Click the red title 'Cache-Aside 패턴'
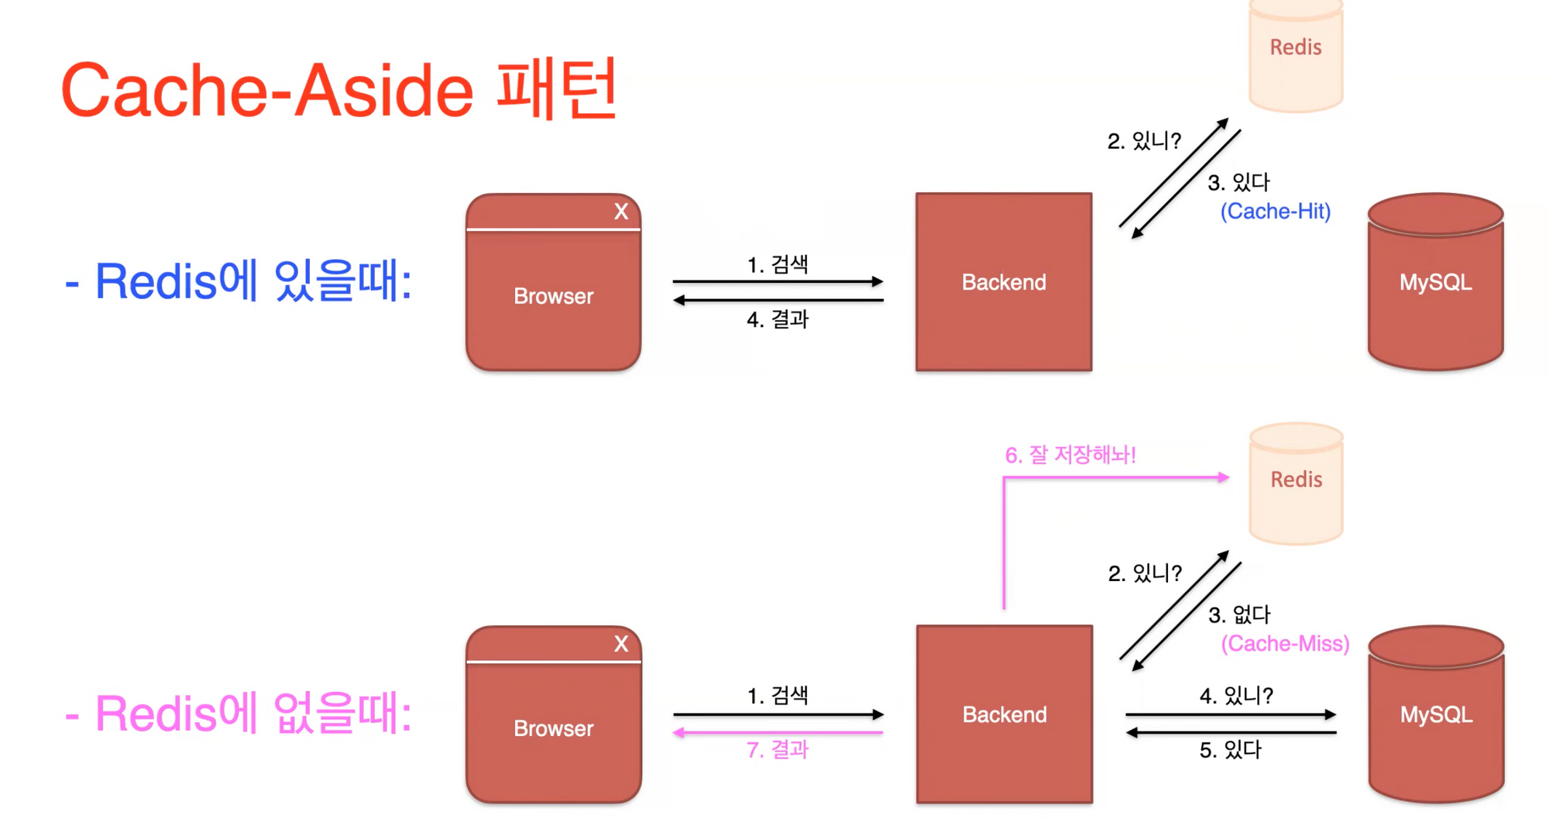click(338, 90)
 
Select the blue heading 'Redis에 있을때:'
click(238, 280)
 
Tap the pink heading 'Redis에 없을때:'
click(238, 713)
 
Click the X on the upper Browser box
click(621, 212)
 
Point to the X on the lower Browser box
click(621, 644)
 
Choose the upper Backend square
click(1004, 282)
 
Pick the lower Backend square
click(1005, 714)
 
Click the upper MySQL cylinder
click(1435, 282)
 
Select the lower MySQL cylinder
click(1436, 714)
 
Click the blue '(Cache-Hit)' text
click(1276, 211)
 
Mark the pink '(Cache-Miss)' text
click(1285, 643)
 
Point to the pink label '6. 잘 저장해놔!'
click(1070, 455)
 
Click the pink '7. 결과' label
click(777, 749)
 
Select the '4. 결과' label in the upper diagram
click(777, 318)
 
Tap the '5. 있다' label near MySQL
click(1230, 749)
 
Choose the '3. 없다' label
click(1239, 614)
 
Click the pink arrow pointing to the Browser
click(778, 732)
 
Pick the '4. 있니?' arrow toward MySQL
click(1231, 714)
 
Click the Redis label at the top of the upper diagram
click(1296, 47)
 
